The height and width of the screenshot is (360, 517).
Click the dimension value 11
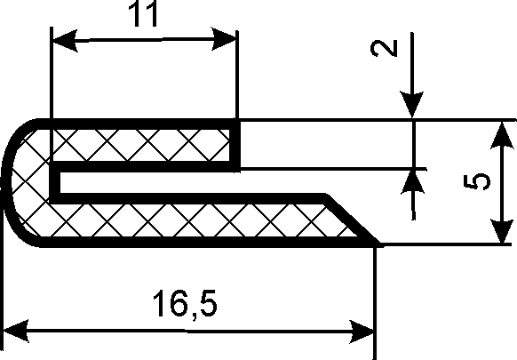[143, 13]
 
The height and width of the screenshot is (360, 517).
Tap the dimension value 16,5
[185, 304]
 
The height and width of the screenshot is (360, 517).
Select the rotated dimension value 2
[384, 49]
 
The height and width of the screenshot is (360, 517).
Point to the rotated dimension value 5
[477, 182]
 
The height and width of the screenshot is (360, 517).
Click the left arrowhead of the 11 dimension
[65, 41]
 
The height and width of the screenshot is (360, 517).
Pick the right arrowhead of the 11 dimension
[224, 39]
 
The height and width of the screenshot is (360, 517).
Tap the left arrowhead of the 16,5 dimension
[15, 330]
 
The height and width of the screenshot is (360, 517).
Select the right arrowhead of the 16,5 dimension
[362, 332]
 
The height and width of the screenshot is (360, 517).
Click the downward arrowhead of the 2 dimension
[412, 104]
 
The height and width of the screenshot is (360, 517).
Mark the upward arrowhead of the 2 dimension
[412, 181]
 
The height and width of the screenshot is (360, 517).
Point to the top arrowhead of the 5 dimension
[502, 136]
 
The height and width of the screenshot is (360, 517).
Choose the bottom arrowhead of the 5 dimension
[502, 231]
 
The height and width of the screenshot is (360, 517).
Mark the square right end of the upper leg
[235, 145]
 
